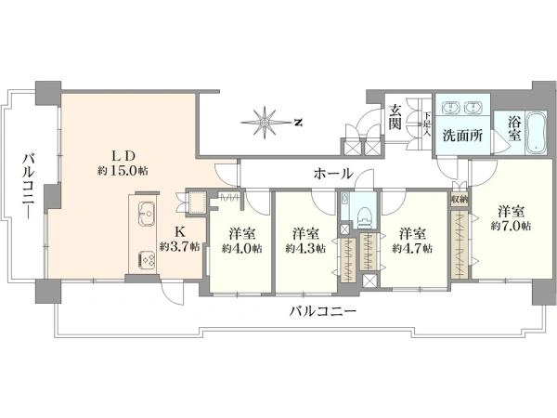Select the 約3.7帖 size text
(x=177, y=247)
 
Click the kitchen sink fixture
(x=147, y=217)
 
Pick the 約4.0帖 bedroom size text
(x=240, y=249)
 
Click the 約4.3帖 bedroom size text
(x=305, y=249)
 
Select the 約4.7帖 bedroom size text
(x=410, y=248)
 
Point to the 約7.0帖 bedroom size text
(x=512, y=226)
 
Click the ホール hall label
(x=332, y=173)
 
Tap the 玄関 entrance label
(x=395, y=117)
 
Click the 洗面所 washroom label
(x=461, y=133)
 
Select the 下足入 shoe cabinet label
(x=427, y=124)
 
